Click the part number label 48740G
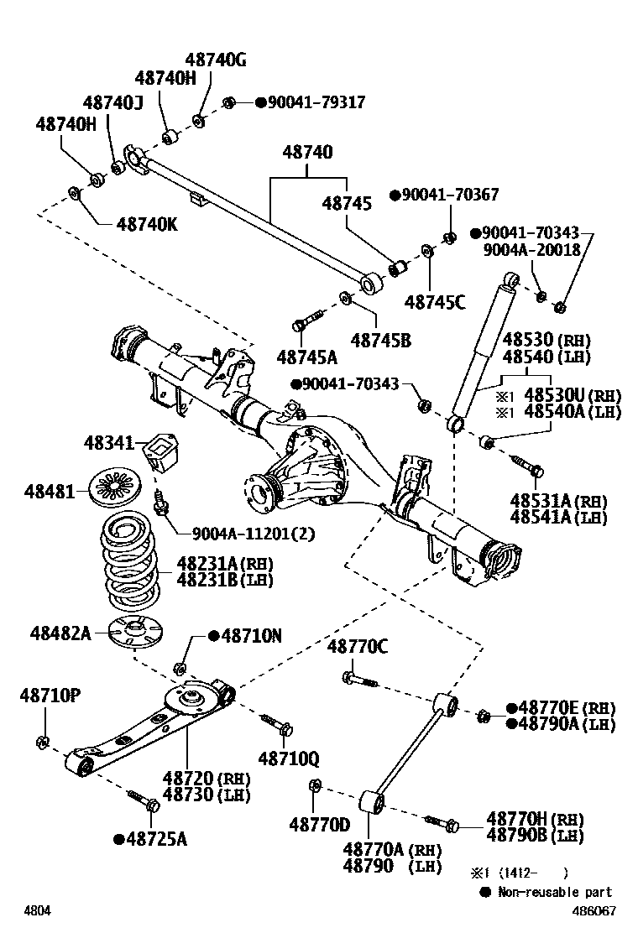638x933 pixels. [216, 60]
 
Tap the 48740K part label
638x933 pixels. [147, 224]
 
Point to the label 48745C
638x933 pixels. [434, 302]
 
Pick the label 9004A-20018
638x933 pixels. [530, 249]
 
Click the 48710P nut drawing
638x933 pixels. [42, 741]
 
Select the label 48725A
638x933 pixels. [150, 838]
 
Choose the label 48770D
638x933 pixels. [319, 825]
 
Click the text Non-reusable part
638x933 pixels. [554, 892]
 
